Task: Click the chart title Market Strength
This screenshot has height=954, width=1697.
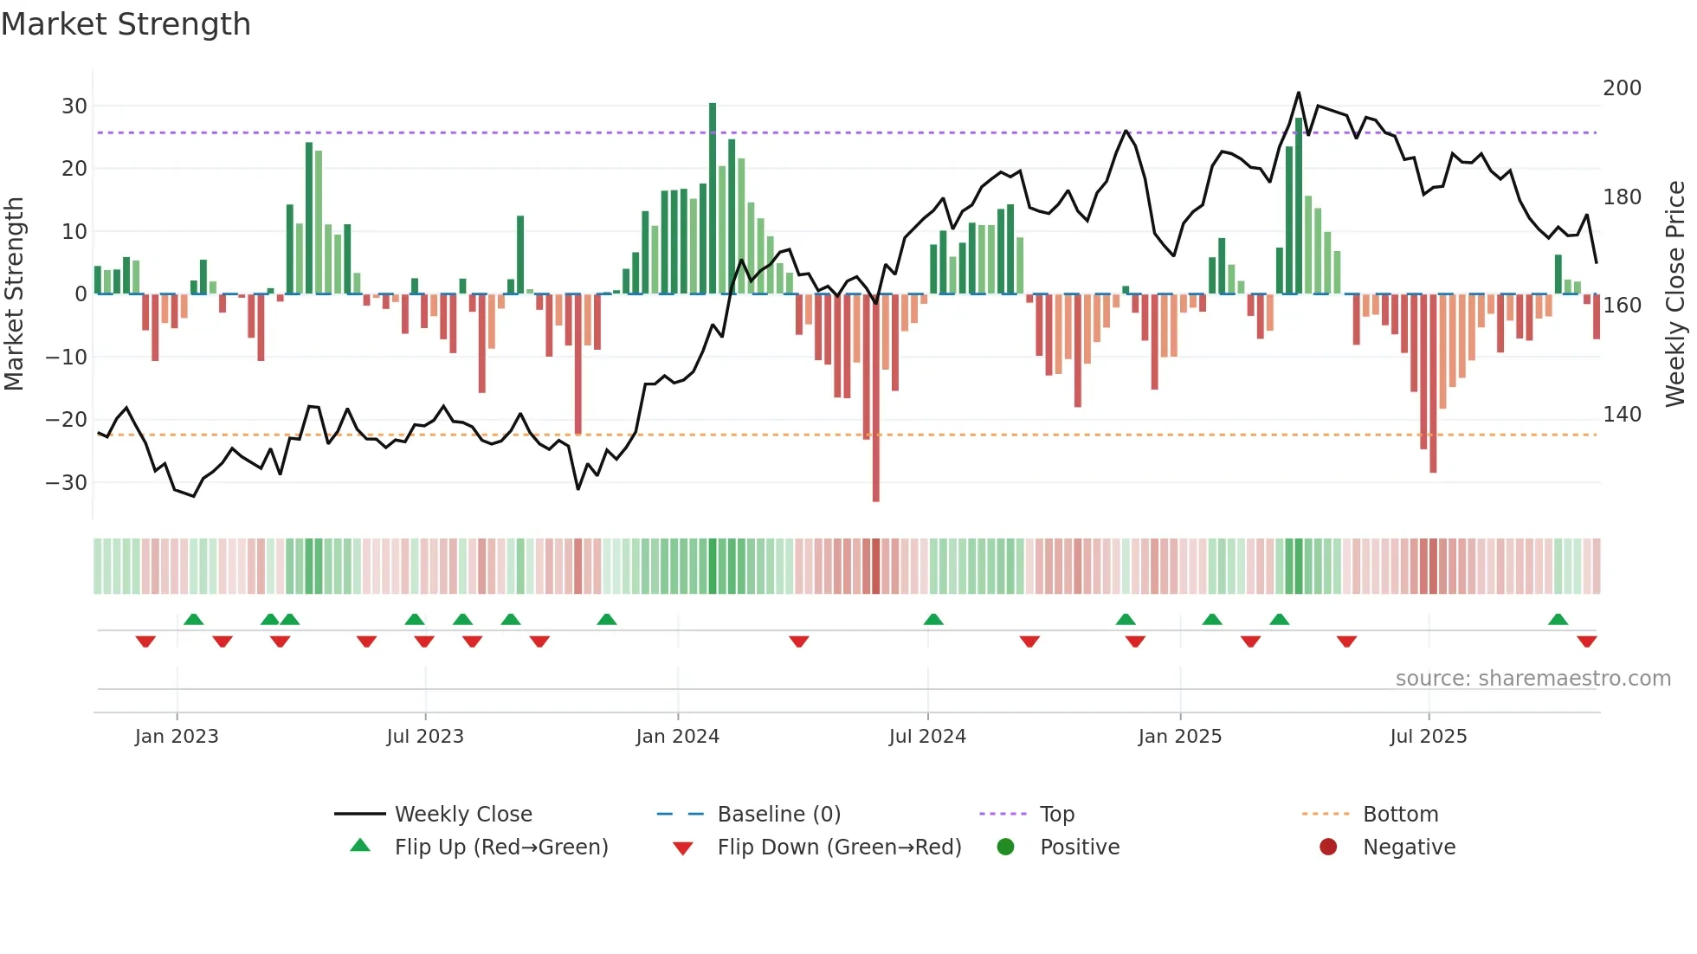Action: point(126,24)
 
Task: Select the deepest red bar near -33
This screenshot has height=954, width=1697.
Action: point(876,397)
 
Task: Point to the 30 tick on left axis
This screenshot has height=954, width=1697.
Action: point(74,106)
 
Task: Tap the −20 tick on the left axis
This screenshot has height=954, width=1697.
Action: point(68,420)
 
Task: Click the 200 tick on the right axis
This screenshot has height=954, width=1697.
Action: point(1622,88)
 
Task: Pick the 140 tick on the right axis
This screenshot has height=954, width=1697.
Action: point(1622,415)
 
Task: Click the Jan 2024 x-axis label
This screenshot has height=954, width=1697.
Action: point(677,737)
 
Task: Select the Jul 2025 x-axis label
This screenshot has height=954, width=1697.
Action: point(1429,737)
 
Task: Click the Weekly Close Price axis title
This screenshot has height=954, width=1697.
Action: point(1676,294)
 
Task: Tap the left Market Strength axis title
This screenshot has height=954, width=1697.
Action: point(15,294)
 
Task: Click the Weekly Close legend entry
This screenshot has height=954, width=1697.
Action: point(463,815)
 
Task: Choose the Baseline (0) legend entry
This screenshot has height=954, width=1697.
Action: point(778,815)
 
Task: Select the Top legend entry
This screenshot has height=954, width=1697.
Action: point(1056,815)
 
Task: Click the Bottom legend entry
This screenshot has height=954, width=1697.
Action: point(1400,815)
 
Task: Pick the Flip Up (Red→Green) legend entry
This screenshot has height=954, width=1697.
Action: point(500,848)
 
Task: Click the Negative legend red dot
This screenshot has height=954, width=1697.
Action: point(1328,848)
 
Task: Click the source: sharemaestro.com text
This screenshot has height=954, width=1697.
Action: point(1532,679)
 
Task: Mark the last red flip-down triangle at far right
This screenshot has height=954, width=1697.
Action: point(1587,641)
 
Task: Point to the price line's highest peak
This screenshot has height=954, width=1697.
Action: point(1299,93)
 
